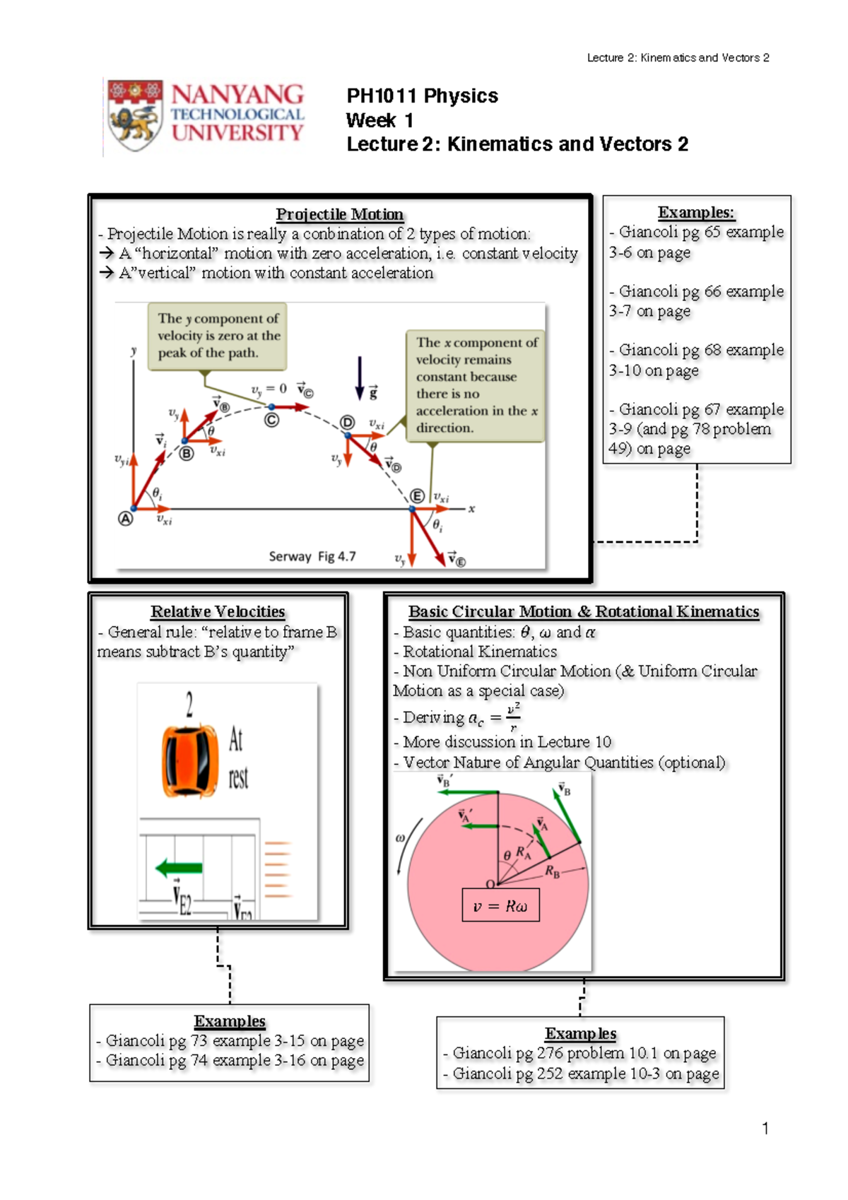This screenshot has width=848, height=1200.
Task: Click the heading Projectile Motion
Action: tap(339, 214)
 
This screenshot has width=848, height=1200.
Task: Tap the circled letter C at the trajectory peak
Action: tap(271, 420)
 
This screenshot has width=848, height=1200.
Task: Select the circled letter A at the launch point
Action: tap(125, 519)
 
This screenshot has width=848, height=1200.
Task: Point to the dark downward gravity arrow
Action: tap(360, 378)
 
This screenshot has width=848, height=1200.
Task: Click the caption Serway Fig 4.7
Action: tap(312, 556)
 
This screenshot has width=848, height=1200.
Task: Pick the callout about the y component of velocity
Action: tap(218, 336)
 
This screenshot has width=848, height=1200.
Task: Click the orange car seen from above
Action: tap(189, 760)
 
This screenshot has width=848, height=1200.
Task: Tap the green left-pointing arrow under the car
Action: tap(179, 868)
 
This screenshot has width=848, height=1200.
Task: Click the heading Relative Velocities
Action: tap(218, 611)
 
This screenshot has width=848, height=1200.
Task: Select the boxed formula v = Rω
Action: tap(500, 906)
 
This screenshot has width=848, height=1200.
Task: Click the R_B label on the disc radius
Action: tap(552, 871)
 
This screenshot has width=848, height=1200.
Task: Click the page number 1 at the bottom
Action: tap(765, 1128)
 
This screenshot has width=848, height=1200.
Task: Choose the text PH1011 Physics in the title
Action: tap(422, 96)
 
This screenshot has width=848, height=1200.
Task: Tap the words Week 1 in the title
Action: tap(379, 120)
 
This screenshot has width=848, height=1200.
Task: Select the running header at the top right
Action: tap(678, 58)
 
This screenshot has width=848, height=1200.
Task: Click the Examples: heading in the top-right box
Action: tap(696, 212)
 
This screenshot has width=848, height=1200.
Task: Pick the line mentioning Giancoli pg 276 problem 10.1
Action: tap(584, 1053)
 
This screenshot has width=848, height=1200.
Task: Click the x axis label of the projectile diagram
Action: tap(471, 509)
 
